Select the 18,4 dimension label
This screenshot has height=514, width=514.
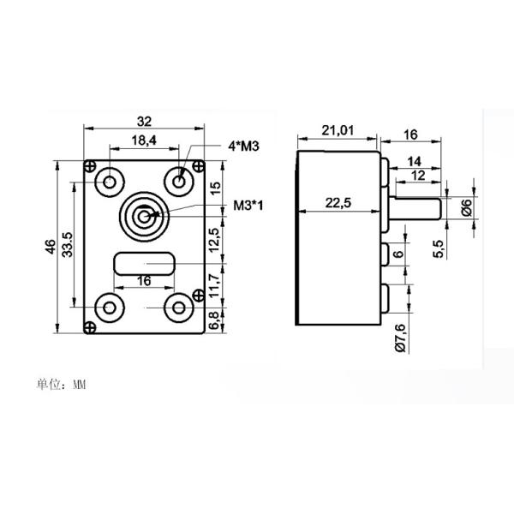pyautogui.click(x=143, y=139)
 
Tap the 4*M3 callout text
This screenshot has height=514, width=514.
pyautogui.click(x=244, y=146)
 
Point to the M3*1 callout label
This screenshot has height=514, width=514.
pyautogui.click(x=248, y=206)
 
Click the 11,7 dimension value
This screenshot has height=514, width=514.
pyautogui.click(x=216, y=282)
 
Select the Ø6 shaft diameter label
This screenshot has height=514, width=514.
pyautogui.click(x=466, y=206)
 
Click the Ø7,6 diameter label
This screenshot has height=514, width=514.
pyautogui.click(x=399, y=338)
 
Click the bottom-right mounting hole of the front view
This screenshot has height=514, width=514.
pyautogui.click(x=179, y=307)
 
